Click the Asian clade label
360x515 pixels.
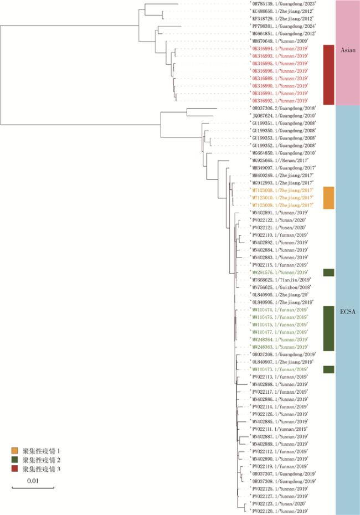tap(348, 50)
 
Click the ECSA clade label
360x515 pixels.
tap(348, 312)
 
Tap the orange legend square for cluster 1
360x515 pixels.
tap(17, 451)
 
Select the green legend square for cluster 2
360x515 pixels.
tap(17, 460)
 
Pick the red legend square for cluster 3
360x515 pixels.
tap(17, 468)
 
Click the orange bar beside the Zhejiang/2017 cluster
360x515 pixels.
tap(328, 198)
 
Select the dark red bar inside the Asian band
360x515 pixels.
tap(328, 75)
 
